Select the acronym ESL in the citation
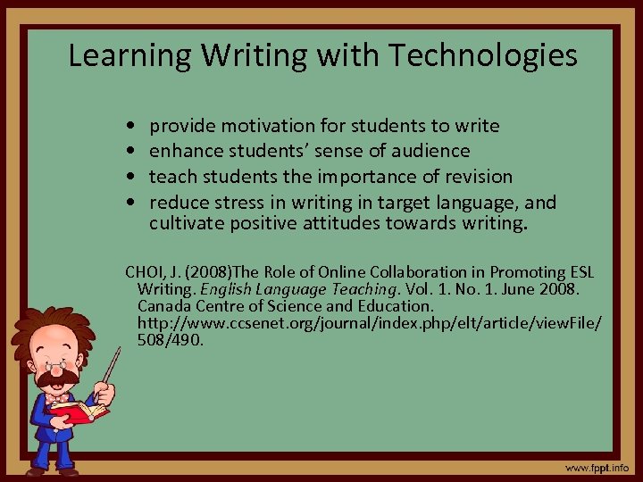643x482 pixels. [577, 271]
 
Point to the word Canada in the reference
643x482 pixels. [167, 305]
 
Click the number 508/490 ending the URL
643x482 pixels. [171, 339]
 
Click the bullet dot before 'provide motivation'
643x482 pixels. [132, 127]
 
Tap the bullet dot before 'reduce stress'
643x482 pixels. [132, 202]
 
